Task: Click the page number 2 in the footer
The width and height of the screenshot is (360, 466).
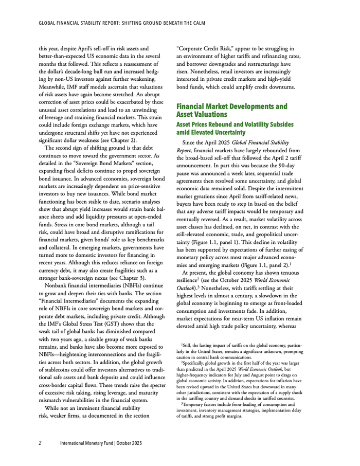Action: click(x=40, y=442)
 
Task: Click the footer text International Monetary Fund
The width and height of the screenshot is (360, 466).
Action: click(x=91, y=442)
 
